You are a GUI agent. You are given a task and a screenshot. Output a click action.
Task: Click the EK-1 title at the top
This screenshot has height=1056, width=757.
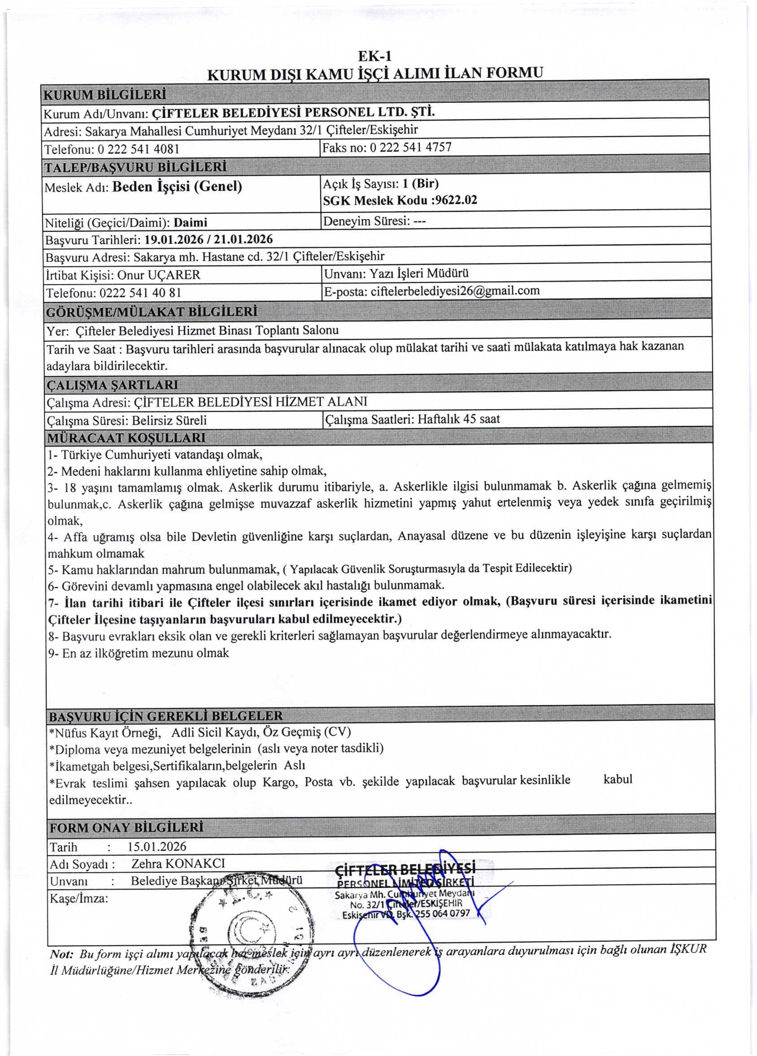374,56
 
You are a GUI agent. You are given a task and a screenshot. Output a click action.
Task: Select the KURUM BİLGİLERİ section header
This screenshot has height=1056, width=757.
105,95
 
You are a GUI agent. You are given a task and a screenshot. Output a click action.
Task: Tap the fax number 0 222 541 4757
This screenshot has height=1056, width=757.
410,147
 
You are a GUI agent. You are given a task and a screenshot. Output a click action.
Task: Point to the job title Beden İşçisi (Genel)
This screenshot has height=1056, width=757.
177,187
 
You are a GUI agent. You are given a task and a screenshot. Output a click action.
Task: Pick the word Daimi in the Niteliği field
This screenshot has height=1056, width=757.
190,223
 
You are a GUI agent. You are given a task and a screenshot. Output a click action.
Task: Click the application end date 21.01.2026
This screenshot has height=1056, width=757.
243,239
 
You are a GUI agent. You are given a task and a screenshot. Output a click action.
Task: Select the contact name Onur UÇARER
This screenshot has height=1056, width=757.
158,275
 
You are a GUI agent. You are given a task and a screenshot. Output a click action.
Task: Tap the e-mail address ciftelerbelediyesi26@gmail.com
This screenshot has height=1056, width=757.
455,291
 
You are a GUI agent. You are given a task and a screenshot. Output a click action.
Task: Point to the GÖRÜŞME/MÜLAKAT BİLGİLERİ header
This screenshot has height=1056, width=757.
152,312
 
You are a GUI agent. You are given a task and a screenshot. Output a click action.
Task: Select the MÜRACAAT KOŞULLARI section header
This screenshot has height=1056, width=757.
126,437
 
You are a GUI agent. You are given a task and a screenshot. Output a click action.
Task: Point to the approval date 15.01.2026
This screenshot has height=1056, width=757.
157,847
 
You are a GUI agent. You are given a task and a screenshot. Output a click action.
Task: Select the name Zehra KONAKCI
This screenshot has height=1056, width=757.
178,864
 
